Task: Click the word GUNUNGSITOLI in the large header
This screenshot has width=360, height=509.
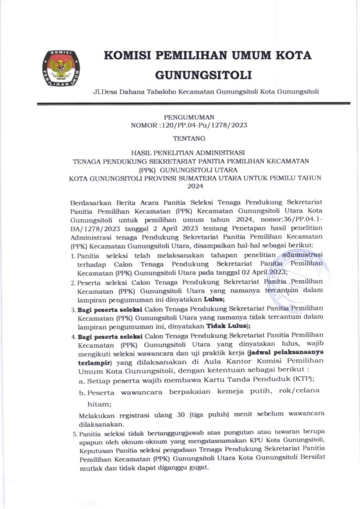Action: pyautogui.click(x=203, y=75)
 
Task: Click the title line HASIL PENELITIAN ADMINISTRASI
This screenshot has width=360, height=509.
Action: pyautogui.click(x=188, y=153)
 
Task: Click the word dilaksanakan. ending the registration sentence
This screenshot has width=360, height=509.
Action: pyautogui.click(x=101, y=426)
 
